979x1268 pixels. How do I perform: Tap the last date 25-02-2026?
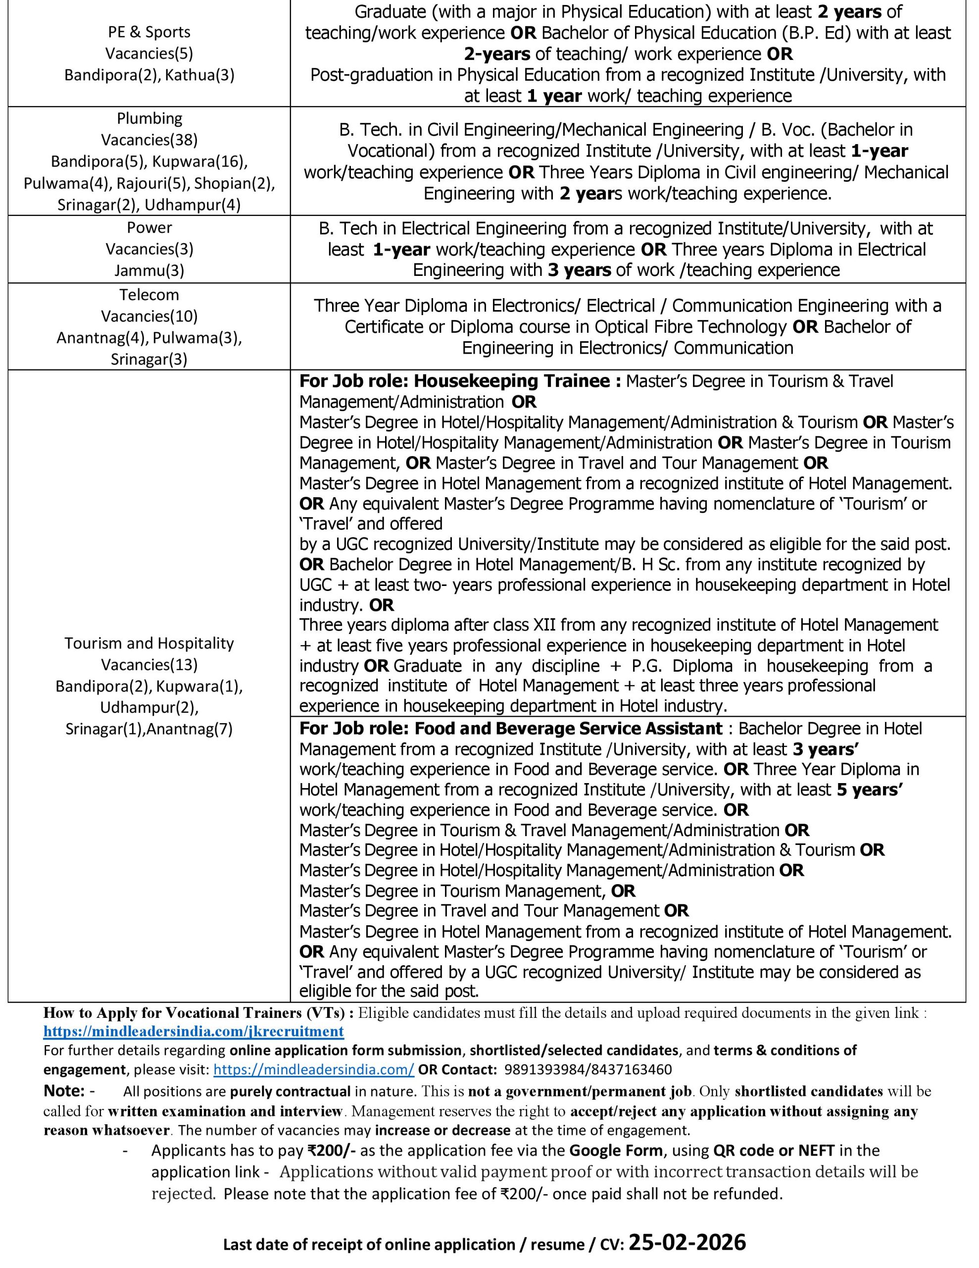coord(687,1242)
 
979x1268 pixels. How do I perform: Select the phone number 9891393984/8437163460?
coord(588,1069)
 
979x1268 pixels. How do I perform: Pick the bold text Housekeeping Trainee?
coord(511,381)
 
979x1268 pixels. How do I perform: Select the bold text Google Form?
coord(616,1150)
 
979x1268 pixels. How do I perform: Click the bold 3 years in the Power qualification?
coord(579,270)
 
